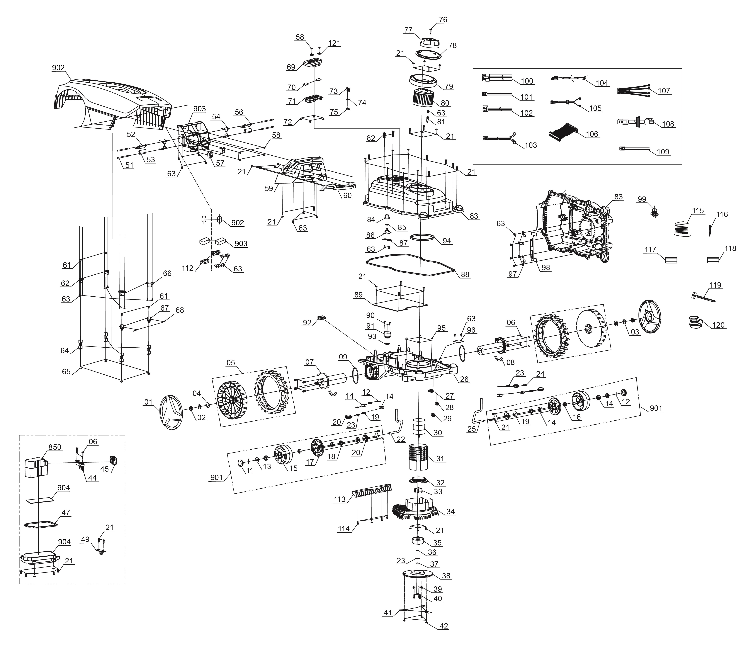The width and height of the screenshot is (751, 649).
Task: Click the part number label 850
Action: [55, 447]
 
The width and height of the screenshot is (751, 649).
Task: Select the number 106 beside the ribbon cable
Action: [592, 134]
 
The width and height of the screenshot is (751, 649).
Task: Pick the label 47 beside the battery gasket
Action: [66, 512]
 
